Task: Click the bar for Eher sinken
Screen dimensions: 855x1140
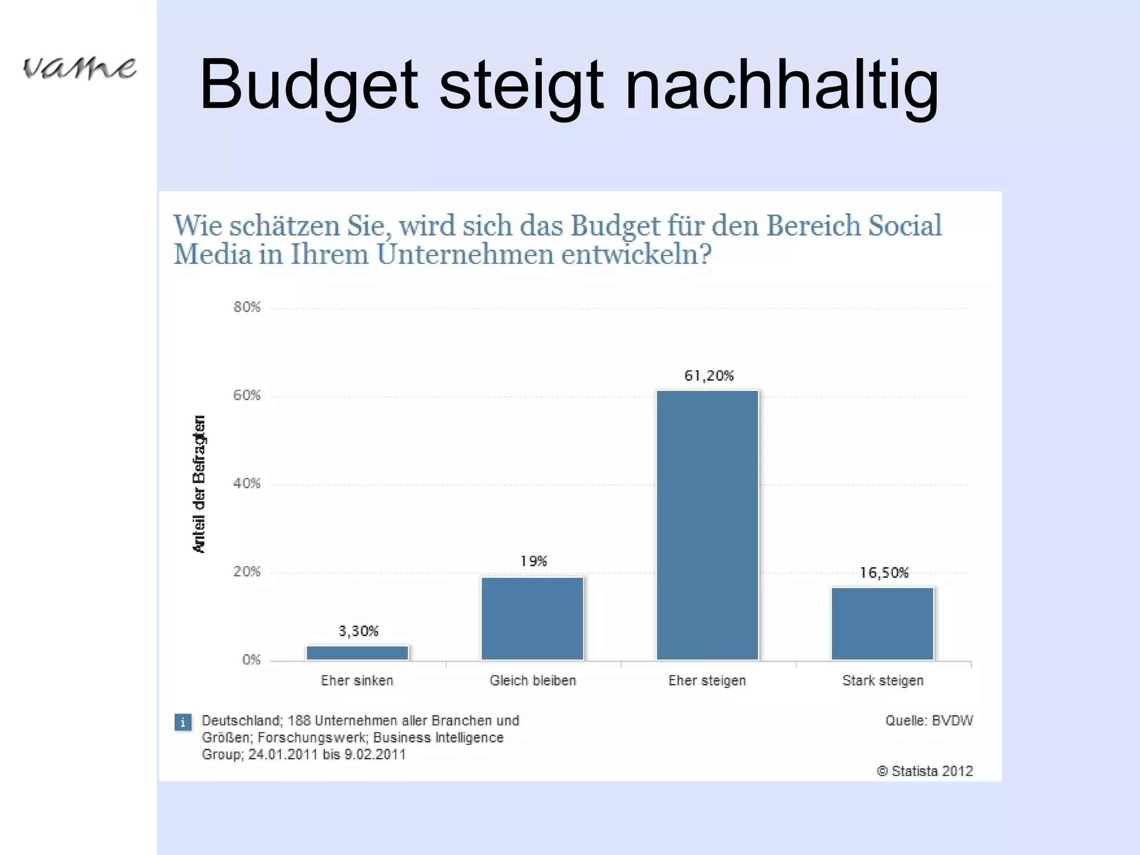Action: click(x=357, y=652)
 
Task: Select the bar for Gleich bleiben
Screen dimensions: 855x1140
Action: click(x=532, y=618)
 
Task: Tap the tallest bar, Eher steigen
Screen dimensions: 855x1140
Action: click(x=707, y=525)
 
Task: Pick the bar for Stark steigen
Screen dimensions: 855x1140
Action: click(x=882, y=623)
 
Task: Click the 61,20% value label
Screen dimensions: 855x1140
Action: click(x=709, y=376)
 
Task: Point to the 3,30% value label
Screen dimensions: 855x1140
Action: click(x=358, y=631)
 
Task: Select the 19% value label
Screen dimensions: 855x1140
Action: click(x=533, y=561)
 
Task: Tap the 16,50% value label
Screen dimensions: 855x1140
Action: click(x=884, y=573)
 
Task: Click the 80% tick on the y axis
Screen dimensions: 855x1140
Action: click(x=247, y=307)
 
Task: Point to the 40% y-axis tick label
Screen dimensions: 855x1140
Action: click(x=247, y=484)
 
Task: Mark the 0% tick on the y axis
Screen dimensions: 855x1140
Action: click(x=251, y=660)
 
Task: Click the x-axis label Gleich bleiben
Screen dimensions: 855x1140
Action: click(x=533, y=681)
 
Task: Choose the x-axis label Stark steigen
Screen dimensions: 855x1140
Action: click(x=883, y=681)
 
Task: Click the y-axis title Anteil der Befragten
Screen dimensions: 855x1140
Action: click(x=199, y=484)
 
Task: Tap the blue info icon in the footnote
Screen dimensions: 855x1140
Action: click(x=183, y=722)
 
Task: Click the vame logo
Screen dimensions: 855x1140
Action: click(x=79, y=68)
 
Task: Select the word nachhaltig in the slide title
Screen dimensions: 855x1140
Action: click(x=782, y=86)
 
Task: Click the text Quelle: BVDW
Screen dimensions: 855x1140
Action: click(x=929, y=721)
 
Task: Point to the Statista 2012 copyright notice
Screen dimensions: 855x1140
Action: click(x=925, y=771)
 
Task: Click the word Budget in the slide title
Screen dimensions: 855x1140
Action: click(x=308, y=86)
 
